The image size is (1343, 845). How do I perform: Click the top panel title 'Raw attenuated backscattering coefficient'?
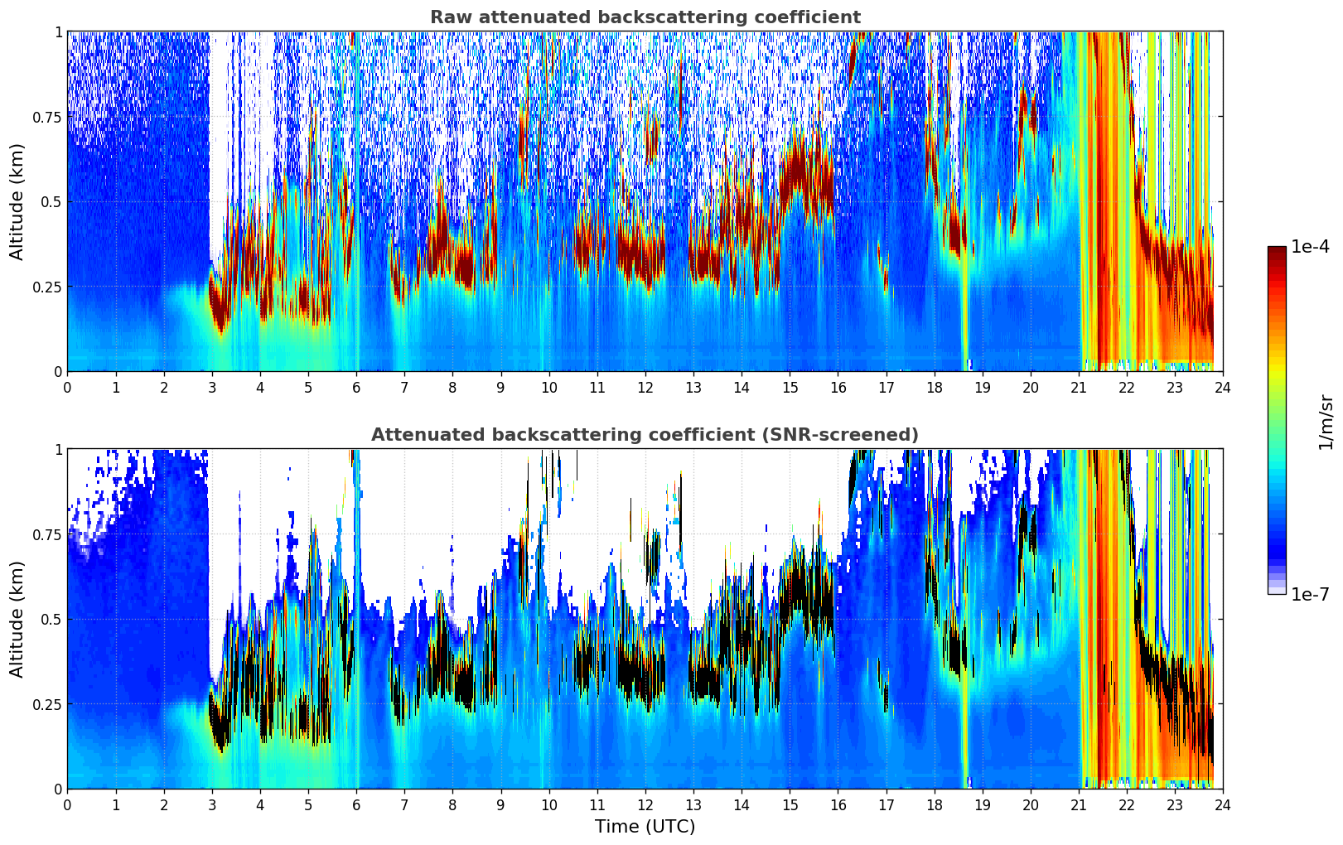click(645, 17)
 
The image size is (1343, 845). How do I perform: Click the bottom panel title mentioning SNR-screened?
click(645, 435)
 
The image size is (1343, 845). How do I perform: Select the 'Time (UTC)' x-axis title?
click(645, 827)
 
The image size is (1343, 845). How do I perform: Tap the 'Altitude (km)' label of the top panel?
click(17, 201)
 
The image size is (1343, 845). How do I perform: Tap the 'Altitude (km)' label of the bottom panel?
click(17, 619)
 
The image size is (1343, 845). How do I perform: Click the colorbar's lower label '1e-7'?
click(1311, 594)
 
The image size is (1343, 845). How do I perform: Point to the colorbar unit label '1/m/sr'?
click(1325, 421)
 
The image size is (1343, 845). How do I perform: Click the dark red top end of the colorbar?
click(1277, 251)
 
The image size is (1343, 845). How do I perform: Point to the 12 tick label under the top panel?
click(645, 388)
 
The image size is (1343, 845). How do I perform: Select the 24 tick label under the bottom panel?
click(1223, 805)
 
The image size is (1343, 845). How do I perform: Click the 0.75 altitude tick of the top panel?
click(47, 117)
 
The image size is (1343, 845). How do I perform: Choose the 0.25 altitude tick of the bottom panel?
click(47, 704)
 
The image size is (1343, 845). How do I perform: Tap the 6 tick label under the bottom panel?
click(356, 805)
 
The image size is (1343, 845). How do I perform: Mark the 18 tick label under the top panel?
click(934, 388)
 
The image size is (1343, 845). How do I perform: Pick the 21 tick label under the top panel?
click(1079, 388)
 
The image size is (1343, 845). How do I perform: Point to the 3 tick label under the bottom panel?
click(212, 805)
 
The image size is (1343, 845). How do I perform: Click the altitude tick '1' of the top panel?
click(58, 32)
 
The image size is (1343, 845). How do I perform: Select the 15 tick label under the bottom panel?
click(790, 805)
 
